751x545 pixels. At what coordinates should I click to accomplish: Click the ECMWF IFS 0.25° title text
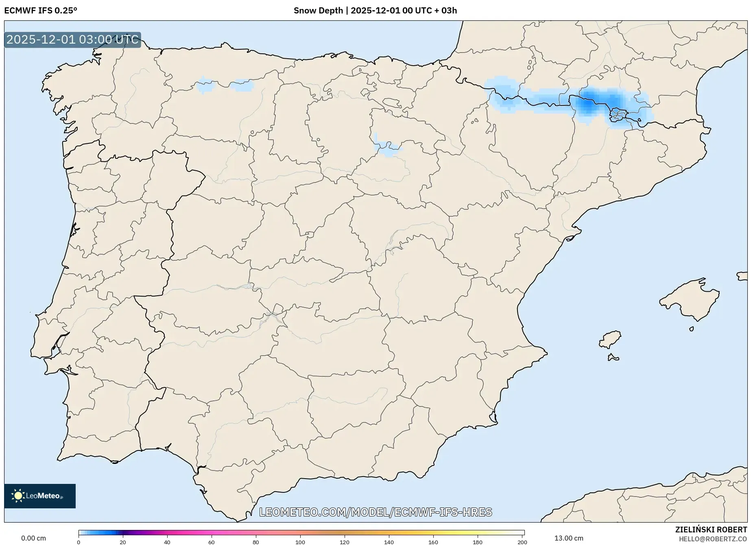coord(41,11)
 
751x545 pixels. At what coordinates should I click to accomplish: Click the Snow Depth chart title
coord(375,11)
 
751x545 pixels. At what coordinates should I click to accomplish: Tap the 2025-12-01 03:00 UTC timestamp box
coord(72,40)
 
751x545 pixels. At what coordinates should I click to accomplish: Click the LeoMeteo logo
coord(40,496)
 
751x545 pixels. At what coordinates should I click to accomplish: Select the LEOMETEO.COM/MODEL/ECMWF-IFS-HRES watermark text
coord(375,512)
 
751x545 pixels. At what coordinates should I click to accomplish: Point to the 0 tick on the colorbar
coord(79,542)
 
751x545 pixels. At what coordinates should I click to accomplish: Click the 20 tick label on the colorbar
coord(123,542)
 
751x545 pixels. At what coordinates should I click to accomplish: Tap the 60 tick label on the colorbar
coord(212,542)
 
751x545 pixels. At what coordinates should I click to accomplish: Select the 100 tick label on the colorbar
coord(300,542)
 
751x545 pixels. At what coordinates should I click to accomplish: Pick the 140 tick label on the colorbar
coord(389,542)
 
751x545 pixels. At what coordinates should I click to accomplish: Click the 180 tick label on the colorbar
coord(478,542)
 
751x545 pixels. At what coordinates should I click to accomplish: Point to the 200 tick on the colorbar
coord(522,542)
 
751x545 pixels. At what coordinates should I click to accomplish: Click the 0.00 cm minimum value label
coord(33,538)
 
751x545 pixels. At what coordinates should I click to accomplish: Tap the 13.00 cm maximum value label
coord(569,538)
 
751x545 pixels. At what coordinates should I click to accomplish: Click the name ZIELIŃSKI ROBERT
coord(711,530)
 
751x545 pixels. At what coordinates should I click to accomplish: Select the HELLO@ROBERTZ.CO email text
coord(713,539)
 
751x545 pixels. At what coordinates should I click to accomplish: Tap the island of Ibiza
coord(610,339)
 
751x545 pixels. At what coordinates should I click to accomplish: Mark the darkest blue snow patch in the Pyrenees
coord(587,105)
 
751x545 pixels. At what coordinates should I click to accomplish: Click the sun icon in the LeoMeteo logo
coord(18,496)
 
